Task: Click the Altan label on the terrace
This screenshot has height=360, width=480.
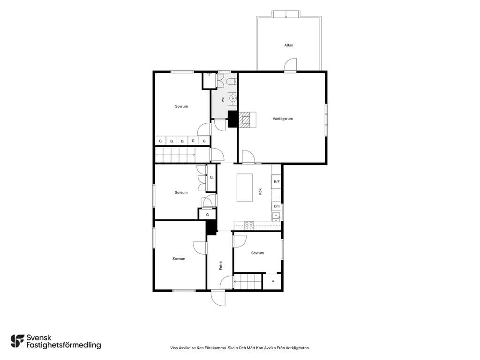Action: (289, 45)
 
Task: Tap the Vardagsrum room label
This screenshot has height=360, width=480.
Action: (283, 119)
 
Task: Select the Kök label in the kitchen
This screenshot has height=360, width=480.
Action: (260, 192)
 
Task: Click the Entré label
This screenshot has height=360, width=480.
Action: (221, 265)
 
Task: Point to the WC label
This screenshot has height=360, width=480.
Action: (223, 99)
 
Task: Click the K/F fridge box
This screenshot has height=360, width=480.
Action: (277, 181)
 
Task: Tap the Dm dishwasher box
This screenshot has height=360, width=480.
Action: (277, 206)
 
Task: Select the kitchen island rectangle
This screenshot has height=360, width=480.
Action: (245, 187)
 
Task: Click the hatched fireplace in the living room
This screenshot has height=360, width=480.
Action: (245, 120)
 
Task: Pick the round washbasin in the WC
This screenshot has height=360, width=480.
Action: (232, 98)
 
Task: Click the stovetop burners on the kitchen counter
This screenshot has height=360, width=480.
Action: (249, 225)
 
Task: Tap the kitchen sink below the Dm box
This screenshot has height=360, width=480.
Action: (276, 217)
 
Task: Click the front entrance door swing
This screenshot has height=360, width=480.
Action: (218, 298)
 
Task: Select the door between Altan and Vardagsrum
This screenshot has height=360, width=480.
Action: (290, 65)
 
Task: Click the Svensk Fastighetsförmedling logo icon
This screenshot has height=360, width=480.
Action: (17, 341)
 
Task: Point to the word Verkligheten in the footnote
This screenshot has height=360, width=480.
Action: (299, 348)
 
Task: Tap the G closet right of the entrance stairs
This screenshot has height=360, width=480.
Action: (272, 281)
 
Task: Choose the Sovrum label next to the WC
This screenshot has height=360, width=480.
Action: (181, 106)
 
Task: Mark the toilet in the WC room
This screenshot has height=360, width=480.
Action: (232, 82)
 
